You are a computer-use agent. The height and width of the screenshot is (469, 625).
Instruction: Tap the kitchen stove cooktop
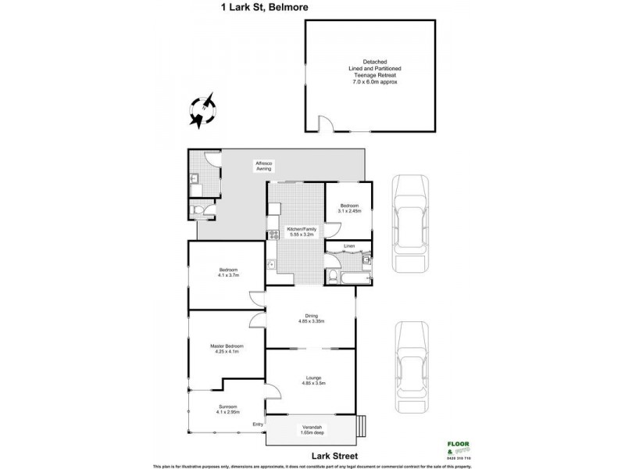point(273,233)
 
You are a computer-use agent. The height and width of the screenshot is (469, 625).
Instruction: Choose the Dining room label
point(311,316)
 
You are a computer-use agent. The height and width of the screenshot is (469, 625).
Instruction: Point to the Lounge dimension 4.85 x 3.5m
point(311,384)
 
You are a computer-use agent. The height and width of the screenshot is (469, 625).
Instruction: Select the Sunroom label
point(228,407)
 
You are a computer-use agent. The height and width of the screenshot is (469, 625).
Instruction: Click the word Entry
point(256,424)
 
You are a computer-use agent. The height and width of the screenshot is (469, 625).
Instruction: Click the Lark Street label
point(312,453)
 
